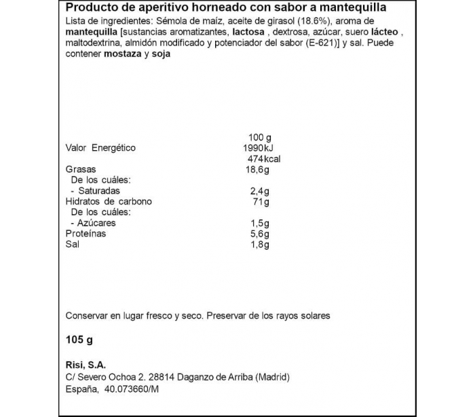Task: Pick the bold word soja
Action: tap(159, 54)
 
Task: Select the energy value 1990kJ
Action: tap(258, 147)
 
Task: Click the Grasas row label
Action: tap(81, 169)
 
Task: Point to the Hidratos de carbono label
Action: tap(109, 202)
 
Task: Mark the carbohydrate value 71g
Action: tap(261, 202)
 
